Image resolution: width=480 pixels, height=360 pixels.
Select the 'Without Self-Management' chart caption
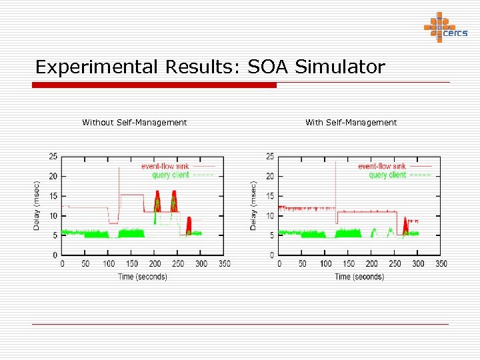pos(134,123)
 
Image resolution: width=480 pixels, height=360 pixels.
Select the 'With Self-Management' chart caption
pos(351,123)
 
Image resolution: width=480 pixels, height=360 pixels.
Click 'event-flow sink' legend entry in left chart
pos(165,166)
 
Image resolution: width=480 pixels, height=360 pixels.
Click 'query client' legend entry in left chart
pos(170,175)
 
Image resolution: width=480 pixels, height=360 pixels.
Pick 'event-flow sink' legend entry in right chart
pos(381,166)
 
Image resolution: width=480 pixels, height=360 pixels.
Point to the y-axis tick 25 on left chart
pos(53,157)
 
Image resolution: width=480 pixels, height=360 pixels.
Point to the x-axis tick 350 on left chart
pos(224,264)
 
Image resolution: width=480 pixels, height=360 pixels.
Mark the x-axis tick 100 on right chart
pos(325,264)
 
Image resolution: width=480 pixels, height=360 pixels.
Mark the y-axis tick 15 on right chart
pos(269,196)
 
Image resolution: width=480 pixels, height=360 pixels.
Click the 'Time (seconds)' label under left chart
pos(142,277)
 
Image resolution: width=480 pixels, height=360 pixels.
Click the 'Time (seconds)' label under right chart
pos(359,277)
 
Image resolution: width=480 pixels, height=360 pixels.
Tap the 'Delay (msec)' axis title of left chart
pos(37,206)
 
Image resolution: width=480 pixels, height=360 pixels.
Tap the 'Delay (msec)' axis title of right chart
pos(254,206)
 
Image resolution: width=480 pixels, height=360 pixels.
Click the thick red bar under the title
pos(155,85)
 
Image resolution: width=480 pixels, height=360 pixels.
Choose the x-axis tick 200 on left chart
pos(155,264)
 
